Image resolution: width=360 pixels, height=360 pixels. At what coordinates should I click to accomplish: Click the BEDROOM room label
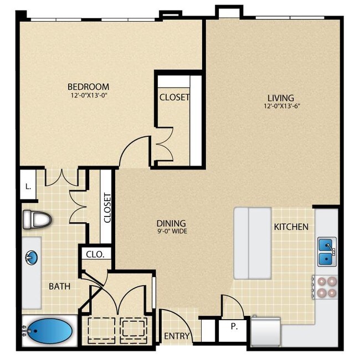tap(88, 86)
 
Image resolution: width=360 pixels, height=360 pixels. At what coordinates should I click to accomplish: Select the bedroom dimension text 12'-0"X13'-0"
tap(88, 95)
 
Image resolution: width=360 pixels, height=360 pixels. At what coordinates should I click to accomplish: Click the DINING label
tap(171, 223)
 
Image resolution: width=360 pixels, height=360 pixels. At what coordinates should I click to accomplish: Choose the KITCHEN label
tap(291, 227)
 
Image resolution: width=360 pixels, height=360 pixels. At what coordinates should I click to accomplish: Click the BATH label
tap(59, 286)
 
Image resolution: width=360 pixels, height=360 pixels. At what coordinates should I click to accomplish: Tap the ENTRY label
tap(177, 336)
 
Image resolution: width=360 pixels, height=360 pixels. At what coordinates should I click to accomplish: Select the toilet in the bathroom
tap(37, 220)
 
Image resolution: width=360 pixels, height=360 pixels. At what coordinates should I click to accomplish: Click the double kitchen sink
tap(326, 251)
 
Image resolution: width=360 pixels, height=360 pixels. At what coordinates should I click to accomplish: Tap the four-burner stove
tap(325, 287)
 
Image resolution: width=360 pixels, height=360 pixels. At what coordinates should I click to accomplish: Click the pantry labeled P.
tap(234, 327)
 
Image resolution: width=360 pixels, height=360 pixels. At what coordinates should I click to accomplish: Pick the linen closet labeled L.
tap(28, 187)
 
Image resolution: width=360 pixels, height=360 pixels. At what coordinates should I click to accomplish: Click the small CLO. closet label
tap(91, 254)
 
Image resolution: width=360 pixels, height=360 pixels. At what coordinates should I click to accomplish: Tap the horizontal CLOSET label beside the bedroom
tap(174, 97)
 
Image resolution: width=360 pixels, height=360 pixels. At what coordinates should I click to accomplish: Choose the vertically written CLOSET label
tap(107, 207)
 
